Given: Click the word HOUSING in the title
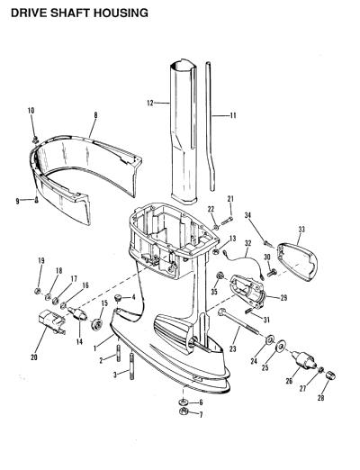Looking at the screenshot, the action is pos(121,13).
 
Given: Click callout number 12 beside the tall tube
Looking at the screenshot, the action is pos(150,104).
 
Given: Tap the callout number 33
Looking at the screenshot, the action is pos(301,230).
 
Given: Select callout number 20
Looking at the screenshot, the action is pos(34,357).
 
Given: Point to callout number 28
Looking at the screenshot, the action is pos(320,398).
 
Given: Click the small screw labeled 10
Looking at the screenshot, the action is pos(35,139).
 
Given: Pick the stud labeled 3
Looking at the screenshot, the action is pos(131,366).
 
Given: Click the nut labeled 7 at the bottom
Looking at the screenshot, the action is pos(183,411).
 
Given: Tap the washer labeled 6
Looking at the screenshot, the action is pos(183,402).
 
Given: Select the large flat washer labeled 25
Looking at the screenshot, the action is pos(281,347).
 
